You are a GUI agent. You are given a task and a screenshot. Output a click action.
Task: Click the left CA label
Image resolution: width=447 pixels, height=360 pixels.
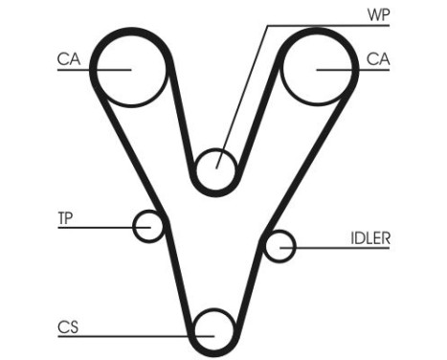click(67, 58)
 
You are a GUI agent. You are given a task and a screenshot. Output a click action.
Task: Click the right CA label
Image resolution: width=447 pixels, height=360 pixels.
click(377, 58)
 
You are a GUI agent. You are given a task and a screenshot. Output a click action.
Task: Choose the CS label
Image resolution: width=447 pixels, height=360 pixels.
click(66, 326)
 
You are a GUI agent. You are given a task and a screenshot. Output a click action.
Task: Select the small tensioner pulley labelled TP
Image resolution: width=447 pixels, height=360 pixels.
click(148, 227)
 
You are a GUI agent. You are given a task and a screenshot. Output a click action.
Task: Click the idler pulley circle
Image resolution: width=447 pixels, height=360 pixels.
click(279, 247)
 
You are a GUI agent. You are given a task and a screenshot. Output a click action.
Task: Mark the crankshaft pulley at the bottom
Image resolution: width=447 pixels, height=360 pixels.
click(213, 330)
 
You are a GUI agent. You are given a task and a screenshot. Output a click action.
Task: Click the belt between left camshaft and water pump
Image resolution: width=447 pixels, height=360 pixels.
click(183, 119)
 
